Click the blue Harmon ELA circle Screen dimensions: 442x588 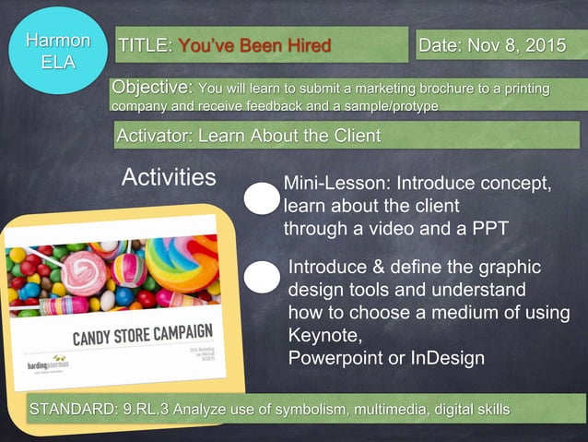click(58, 52)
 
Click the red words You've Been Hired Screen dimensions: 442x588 click(253, 45)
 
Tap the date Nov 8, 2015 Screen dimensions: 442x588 click(516, 45)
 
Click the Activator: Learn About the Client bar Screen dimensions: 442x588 click(249, 137)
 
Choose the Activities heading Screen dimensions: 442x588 click(169, 177)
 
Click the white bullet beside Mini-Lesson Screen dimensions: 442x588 click(261, 198)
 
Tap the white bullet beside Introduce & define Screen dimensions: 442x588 click(263, 277)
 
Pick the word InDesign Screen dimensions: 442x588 click(451, 357)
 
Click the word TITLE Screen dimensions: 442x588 click(145, 45)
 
